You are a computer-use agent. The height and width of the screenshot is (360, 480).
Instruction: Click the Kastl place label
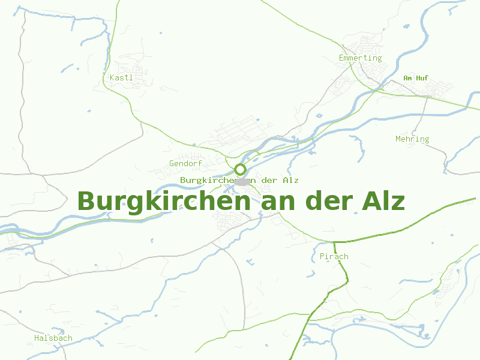(121, 77)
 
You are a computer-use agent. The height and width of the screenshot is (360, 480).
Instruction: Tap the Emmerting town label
(360, 58)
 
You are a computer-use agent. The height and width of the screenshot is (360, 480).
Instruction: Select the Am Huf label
(416, 78)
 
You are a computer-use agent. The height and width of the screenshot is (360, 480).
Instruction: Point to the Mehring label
(412, 139)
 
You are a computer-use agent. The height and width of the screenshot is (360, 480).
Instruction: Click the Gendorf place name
(185, 163)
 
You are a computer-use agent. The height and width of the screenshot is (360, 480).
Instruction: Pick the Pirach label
(334, 257)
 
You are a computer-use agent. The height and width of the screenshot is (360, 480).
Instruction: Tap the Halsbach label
(53, 338)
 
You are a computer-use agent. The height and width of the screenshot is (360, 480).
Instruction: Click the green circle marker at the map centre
(240, 169)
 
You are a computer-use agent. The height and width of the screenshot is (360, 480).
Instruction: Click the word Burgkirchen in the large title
(164, 201)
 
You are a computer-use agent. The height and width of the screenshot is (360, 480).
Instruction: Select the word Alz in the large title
(383, 201)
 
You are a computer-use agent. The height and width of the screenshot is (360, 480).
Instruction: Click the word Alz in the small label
(291, 180)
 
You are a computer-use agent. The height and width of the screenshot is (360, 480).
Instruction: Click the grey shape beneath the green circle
(241, 181)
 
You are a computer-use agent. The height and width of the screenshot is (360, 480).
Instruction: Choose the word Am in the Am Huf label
(407, 78)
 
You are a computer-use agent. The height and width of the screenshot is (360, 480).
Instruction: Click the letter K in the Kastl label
(112, 77)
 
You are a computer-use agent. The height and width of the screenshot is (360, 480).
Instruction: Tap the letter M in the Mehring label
(398, 139)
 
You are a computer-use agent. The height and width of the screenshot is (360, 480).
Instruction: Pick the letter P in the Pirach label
(322, 257)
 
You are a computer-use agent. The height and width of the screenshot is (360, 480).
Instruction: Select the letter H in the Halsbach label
(37, 338)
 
